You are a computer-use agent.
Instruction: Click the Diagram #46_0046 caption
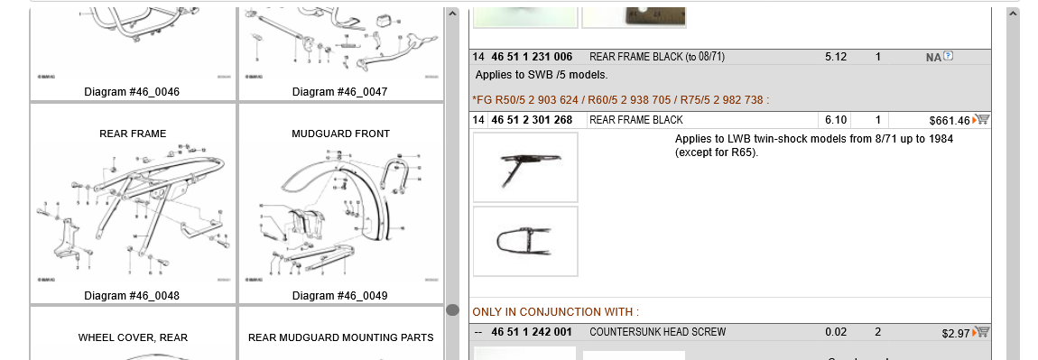[x=132, y=92]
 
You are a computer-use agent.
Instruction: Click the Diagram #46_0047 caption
[x=340, y=92]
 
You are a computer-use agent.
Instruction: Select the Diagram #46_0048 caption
[x=132, y=296]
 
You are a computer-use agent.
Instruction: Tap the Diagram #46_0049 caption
[x=340, y=296]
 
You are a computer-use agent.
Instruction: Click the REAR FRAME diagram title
[x=133, y=134]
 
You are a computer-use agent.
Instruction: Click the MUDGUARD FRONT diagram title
[x=341, y=134]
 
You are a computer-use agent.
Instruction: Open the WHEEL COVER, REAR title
[x=133, y=337]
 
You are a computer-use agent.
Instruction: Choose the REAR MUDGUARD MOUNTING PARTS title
[x=341, y=337]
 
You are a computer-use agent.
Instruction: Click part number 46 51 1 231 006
[x=532, y=57]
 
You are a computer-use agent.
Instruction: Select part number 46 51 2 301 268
[x=532, y=120]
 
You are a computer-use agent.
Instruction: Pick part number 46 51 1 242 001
[x=532, y=332]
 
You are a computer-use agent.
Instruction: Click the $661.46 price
[x=949, y=120]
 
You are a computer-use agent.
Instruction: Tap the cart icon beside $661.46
[x=981, y=119]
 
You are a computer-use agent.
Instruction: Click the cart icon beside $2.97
[x=981, y=332]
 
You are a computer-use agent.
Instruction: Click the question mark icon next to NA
[x=948, y=56]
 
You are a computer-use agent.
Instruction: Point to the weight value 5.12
[x=836, y=57]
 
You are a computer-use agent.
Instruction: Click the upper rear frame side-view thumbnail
[x=525, y=167]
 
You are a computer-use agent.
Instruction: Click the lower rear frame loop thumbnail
[x=525, y=241]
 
